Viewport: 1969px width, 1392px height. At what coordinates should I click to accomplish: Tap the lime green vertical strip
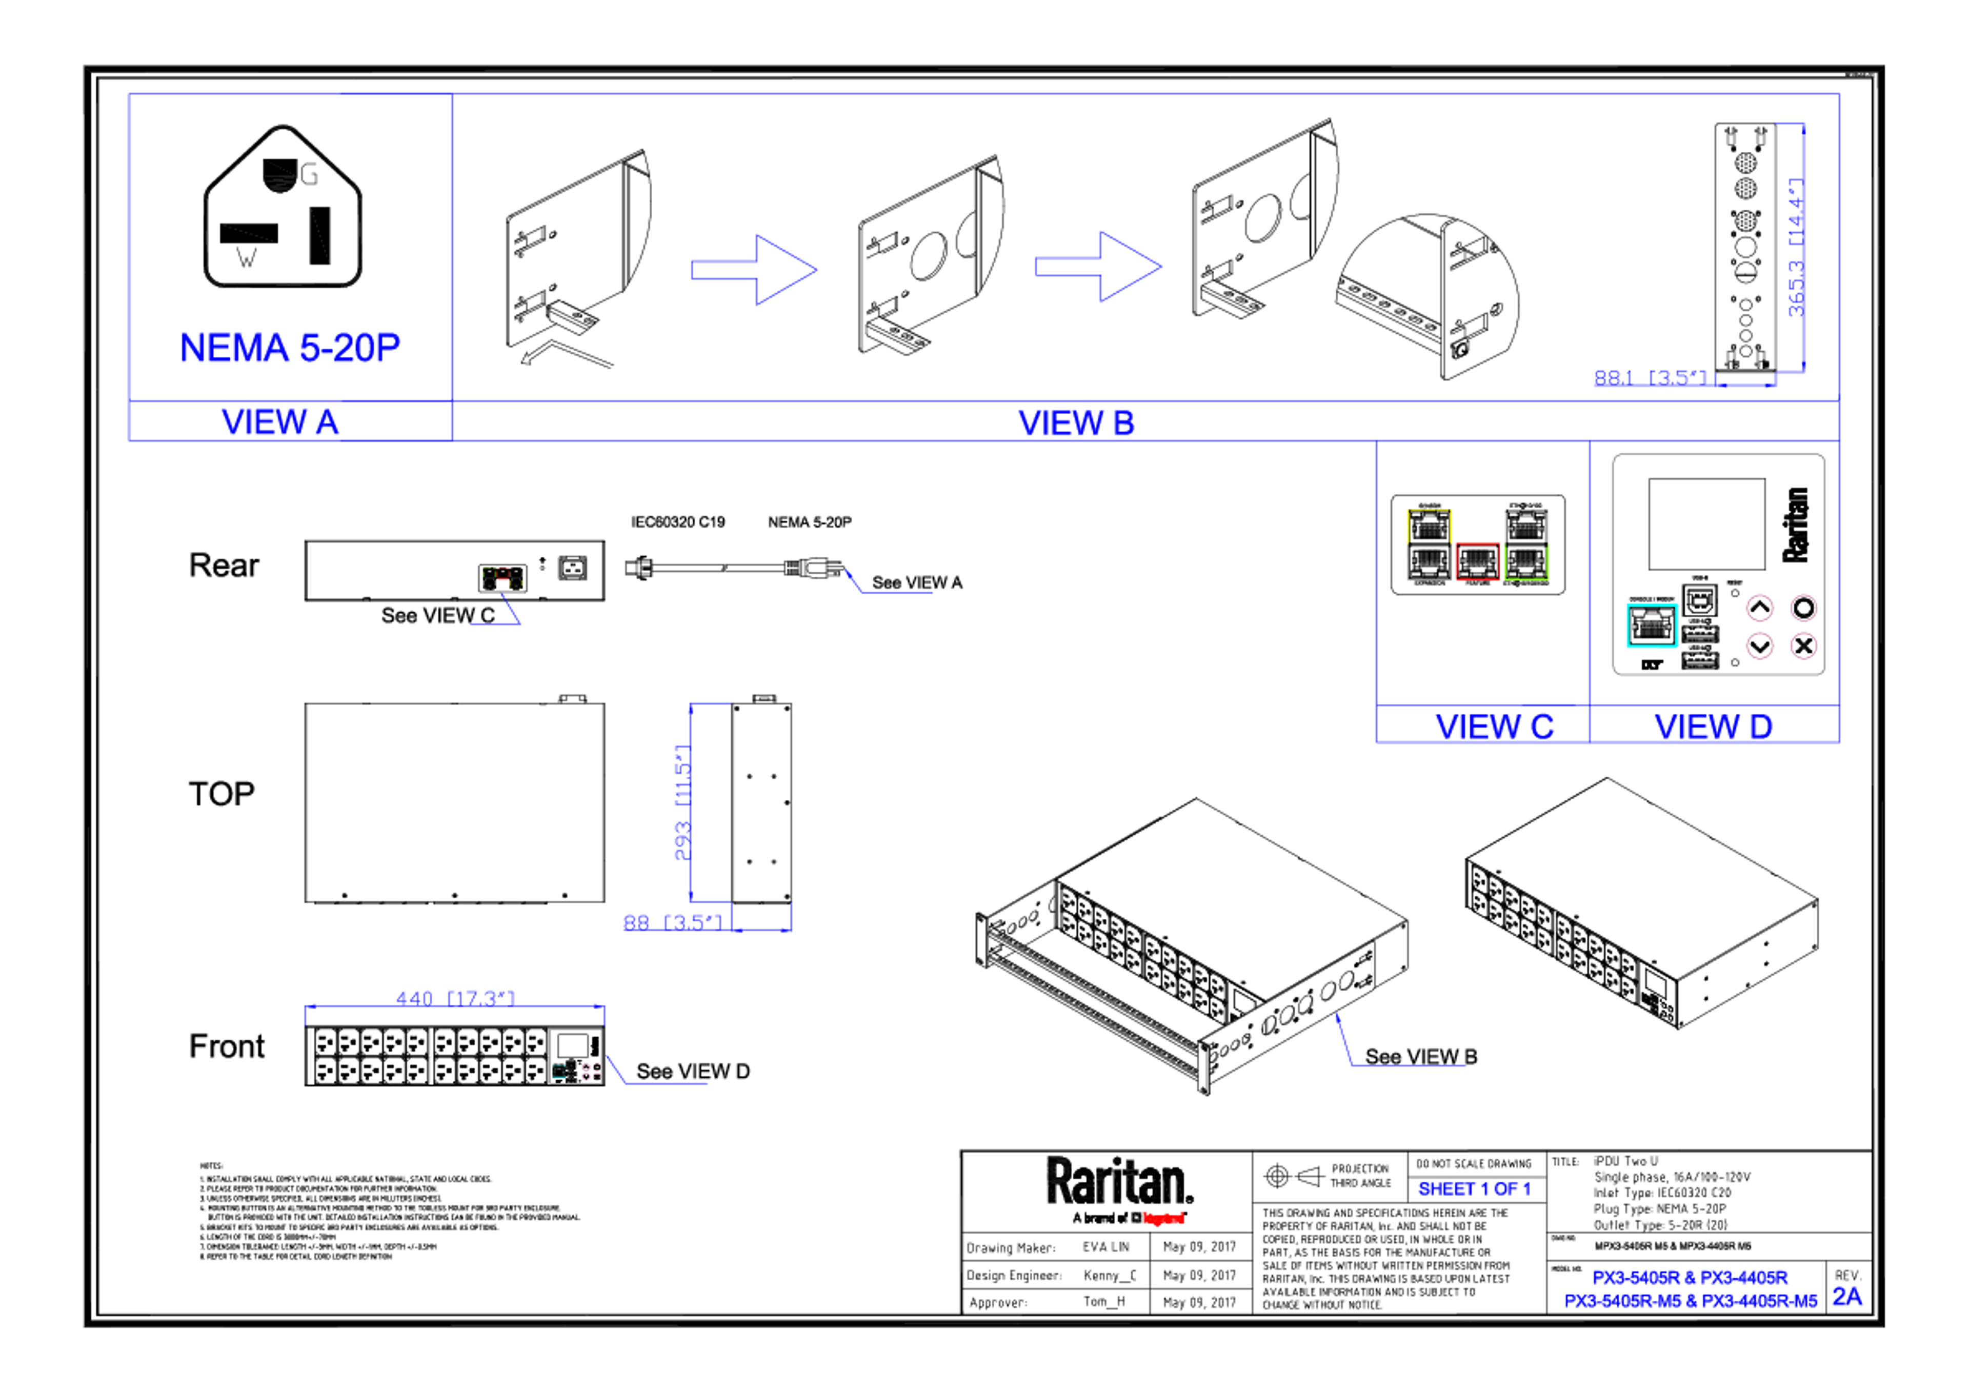[1555, 562]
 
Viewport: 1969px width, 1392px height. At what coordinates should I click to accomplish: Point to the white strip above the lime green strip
[1555, 526]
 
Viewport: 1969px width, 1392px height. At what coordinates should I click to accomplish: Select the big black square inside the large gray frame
[1706, 536]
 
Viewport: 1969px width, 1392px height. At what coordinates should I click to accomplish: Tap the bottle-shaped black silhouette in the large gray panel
[1801, 540]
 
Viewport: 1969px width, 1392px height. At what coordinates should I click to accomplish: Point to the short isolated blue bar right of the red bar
[1481, 1192]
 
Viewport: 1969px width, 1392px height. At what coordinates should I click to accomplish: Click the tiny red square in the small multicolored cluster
[504, 584]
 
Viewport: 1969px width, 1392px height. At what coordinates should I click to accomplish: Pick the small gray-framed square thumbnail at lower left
[575, 1056]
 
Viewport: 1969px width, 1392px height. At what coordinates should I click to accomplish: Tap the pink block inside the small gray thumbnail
[591, 1072]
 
